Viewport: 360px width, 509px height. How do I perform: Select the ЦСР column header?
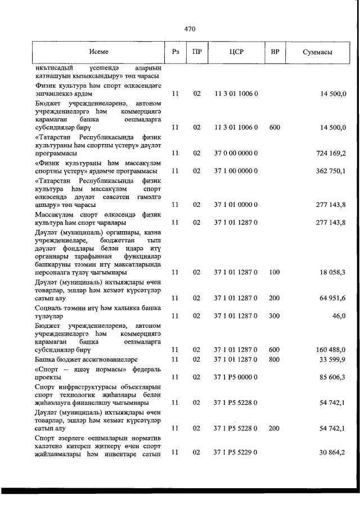pos(236,52)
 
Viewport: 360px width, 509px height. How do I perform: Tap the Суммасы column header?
pos(317,52)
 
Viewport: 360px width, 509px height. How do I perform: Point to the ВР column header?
pos(275,52)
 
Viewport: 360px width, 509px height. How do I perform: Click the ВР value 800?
pos(274,359)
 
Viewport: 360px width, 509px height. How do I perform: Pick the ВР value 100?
pos(274,272)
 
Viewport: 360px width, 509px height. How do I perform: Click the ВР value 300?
pos(274,316)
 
